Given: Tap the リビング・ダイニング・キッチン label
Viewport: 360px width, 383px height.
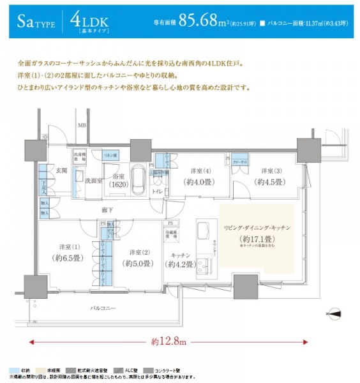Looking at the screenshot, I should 258,227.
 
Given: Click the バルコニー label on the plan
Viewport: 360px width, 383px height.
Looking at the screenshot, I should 102,308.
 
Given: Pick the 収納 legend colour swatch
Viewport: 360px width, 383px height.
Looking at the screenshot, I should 15,370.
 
